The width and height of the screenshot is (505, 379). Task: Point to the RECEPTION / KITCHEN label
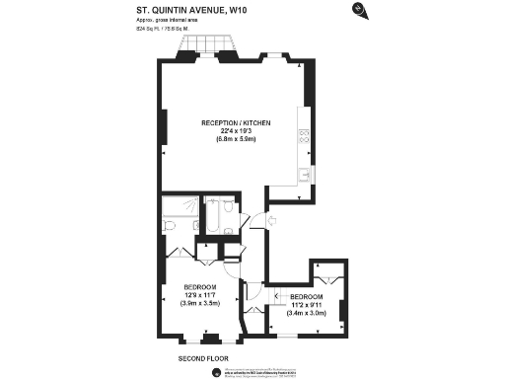click(236, 122)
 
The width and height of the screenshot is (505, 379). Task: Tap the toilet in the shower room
click(171, 226)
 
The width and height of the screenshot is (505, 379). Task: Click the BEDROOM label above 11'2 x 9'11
click(306, 297)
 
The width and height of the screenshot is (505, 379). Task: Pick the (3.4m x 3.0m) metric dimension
click(306, 313)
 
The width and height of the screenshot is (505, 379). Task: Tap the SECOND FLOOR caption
click(203, 356)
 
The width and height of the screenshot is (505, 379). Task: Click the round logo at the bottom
click(215, 371)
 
